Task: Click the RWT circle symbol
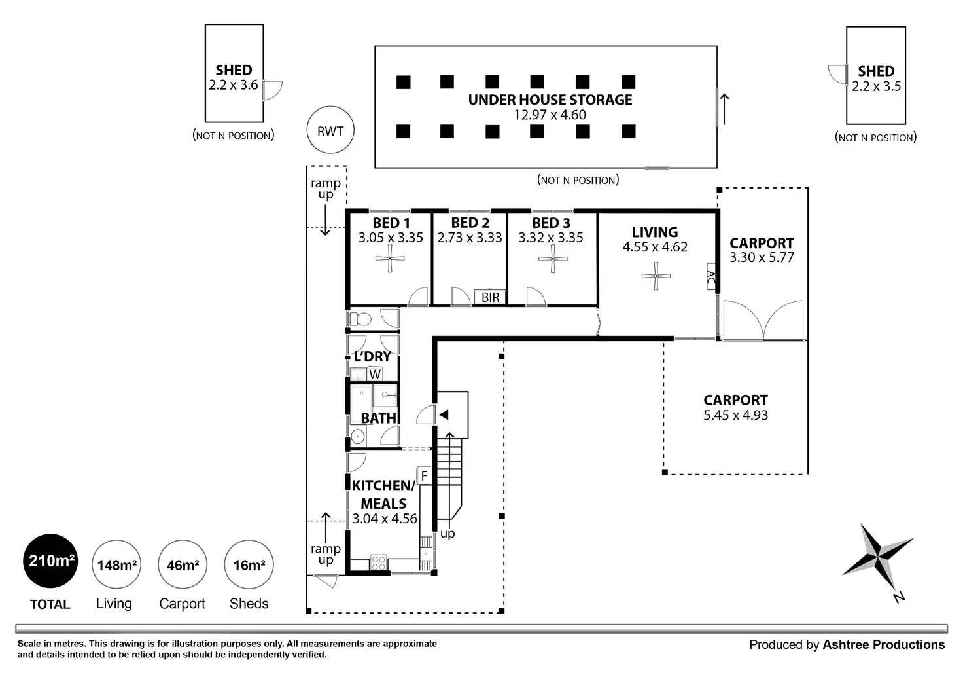[x=330, y=131]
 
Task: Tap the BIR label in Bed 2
[x=490, y=297]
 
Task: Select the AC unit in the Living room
[x=710, y=276]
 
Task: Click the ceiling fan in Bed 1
[x=390, y=260]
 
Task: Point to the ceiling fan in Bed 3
[x=552, y=260]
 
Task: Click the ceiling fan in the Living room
[x=656, y=276]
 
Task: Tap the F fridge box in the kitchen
[x=424, y=476]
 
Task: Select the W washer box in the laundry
[x=375, y=375]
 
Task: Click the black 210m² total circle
[x=50, y=561]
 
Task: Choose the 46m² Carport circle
[x=183, y=564]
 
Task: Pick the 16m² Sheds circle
[x=249, y=564]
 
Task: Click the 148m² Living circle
[x=116, y=564]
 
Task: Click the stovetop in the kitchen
[x=379, y=562]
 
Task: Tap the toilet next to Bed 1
[x=360, y=320]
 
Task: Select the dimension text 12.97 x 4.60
[x=550, y=115]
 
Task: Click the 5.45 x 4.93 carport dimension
[x=735, y=415]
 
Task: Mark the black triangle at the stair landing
[x=444, y=414]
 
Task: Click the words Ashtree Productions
[x=883, y=645]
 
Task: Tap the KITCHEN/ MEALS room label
[x=383, y=494]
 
